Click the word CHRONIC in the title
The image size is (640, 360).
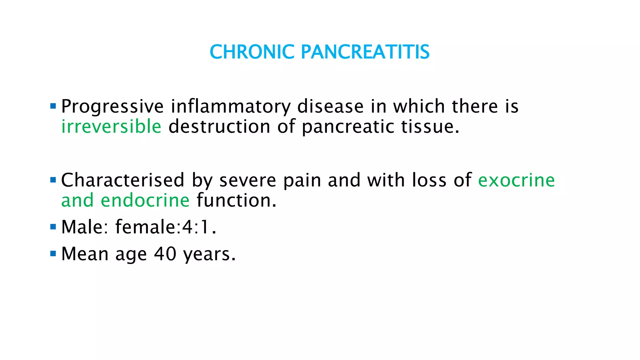(252, 52)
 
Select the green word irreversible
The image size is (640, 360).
(111, 127)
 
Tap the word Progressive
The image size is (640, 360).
(112, 107)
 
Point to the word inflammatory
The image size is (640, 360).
(231, 107)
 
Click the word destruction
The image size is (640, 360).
(219, 127)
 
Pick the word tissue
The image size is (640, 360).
(430, 127)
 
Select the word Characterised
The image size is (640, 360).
(123, 180)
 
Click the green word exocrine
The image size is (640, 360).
(516, 180)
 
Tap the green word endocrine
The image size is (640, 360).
(145, 200)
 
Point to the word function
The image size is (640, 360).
(236, 200)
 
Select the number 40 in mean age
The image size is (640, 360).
(165, 254)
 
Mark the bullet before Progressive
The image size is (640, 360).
(53, 106)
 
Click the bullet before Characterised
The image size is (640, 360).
(53, 180)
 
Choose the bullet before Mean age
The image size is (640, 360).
(53, 253)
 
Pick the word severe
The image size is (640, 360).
(247, 181)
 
